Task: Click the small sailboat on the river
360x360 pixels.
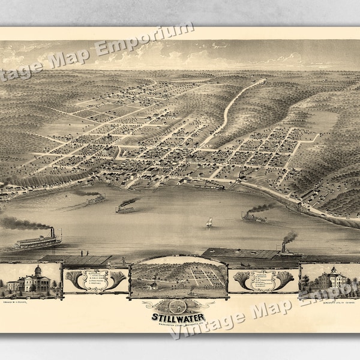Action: click(209, 222)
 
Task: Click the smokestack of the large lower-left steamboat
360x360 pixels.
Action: click(52, 232)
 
